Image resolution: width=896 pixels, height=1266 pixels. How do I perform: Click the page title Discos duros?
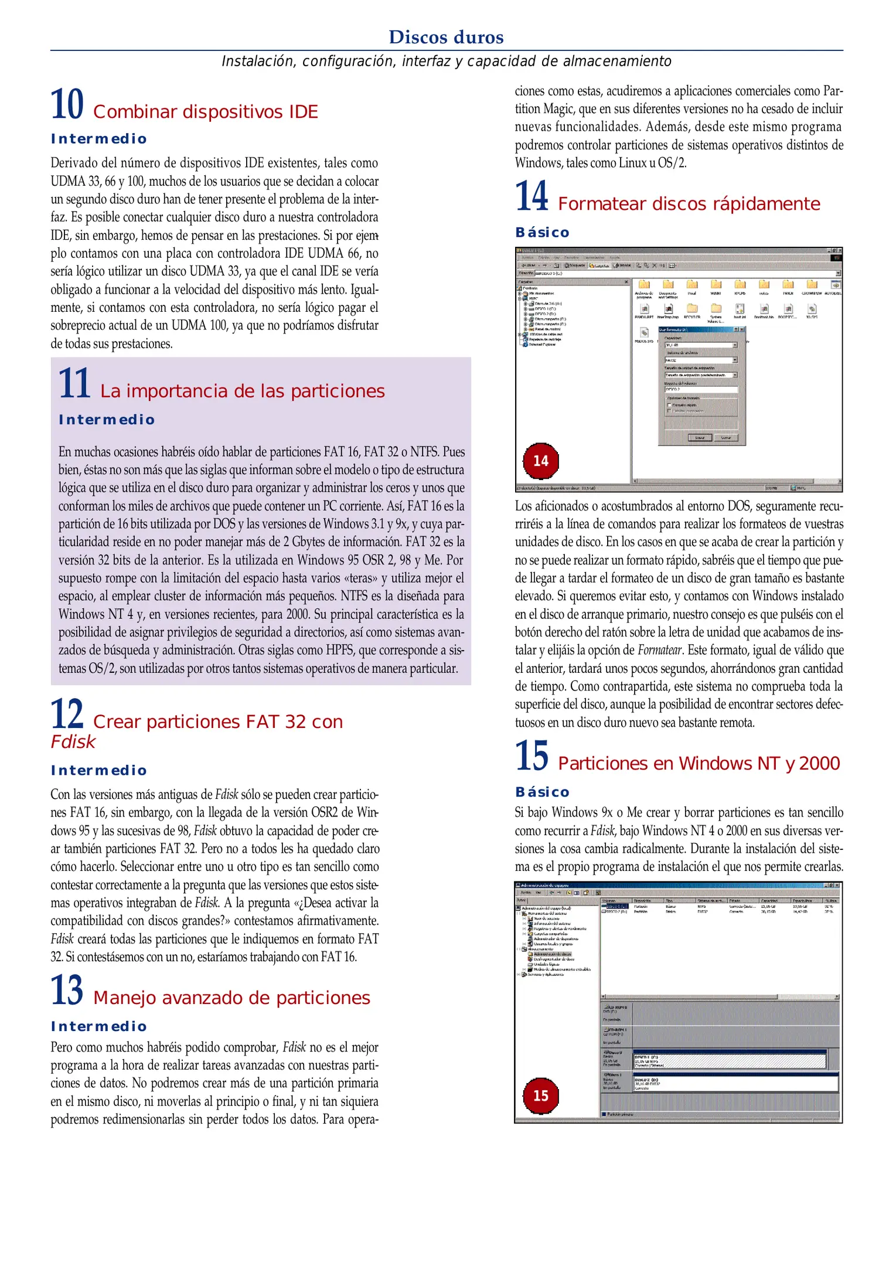click(446, 37)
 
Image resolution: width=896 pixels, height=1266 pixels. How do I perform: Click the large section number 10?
click(67, 105)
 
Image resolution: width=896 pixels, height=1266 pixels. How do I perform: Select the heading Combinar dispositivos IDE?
click(205, 111)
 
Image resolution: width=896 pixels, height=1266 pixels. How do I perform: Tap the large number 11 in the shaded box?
click(74, 384)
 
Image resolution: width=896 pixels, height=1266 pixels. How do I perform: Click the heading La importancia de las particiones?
click(242, 391)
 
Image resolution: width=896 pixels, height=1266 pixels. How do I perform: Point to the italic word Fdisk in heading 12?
click(73, 742)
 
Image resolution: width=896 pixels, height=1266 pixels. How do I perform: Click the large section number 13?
click(67, 991)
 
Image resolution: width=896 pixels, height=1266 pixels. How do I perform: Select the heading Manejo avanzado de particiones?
click(231, 998)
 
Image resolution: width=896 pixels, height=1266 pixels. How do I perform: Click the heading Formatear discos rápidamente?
click(689, 204)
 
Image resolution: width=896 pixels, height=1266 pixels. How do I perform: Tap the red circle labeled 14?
click(540, 461)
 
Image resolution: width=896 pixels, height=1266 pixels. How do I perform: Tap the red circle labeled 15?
click(540, 1095)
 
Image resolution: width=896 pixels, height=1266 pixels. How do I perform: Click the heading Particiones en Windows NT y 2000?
click(699, 764)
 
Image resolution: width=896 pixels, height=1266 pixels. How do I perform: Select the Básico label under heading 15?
click(542, 792)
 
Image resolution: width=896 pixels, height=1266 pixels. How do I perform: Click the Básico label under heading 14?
click(542, 233)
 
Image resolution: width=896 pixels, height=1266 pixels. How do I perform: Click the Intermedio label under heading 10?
click(98, 139)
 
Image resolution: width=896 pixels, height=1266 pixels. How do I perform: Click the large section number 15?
click(532, 756)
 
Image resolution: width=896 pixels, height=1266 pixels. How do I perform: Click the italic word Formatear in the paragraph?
click(659, 650)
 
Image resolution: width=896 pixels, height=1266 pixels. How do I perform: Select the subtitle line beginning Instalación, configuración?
click(446, 61)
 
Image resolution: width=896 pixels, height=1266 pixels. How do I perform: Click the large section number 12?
click(67, 714)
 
